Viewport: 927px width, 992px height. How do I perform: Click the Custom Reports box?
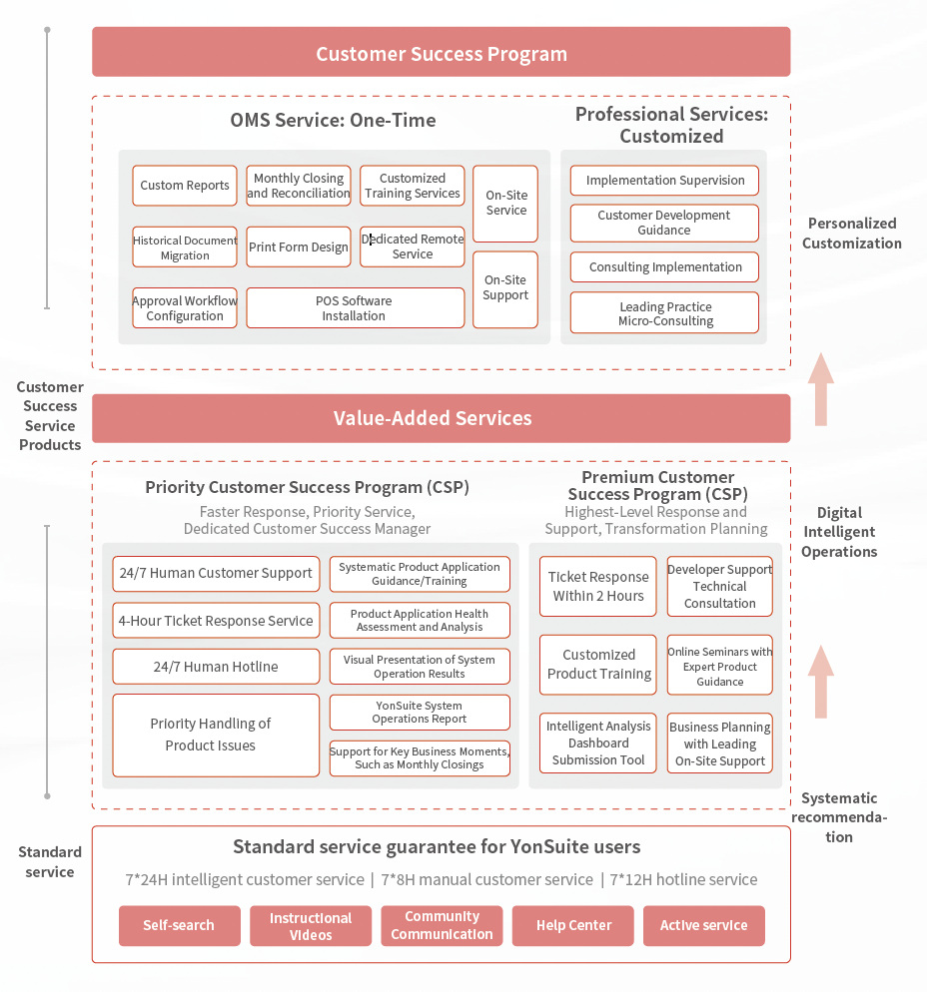[x=185, y=186]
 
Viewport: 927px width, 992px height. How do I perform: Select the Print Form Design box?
[x=299, y=247]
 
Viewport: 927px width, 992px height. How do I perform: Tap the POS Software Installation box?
[x=356, y=308]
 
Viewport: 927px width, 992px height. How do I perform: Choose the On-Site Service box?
[x=505, y=203]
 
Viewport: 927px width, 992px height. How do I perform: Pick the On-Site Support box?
[x=505, y=289]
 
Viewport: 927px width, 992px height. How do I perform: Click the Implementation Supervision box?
[x=664, y=181]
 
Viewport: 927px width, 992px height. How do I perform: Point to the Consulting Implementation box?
[x=664, y=267]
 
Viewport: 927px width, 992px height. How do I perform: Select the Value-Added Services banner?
[x=442, y=418]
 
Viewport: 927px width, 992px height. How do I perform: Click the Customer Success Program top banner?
[x=442, y=52]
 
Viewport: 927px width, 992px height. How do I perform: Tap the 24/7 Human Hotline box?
[x=216, y=667]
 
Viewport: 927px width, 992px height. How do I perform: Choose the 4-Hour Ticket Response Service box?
[x=216, y=621]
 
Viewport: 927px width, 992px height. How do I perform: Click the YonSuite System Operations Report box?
[x=420, y=713]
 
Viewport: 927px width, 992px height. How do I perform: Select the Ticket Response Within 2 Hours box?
[x=597, y=587]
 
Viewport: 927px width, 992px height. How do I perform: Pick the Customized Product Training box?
[x=597, y=665]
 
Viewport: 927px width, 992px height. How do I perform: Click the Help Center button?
[x=573, y=925]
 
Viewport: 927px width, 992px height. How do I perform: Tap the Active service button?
[x=704, y=925]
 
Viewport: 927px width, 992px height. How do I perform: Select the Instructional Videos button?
[x=311, y=925]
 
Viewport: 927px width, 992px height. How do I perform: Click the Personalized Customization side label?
[x=852, y=233]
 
